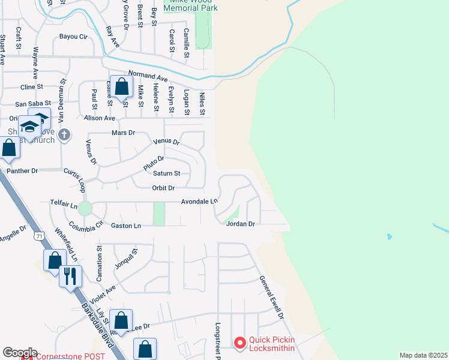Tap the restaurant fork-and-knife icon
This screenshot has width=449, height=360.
click(x=70, y=276)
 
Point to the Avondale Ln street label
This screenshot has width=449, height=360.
click(x=200, y=202)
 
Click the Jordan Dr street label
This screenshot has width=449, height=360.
click(x=241, y=224)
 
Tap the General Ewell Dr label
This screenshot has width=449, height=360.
click(x=271, y=297)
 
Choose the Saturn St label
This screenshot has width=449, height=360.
click(x=166, y=174)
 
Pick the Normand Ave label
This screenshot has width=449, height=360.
click(x=148, y=78)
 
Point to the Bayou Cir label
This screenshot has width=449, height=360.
click(x=73, y=37)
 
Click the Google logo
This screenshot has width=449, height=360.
click(x=19, y=353)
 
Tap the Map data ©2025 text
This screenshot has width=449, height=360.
click(x=423, y=355)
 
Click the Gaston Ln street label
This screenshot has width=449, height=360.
click(x=126, y=226)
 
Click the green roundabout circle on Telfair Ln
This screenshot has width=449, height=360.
click(x=85, y=208)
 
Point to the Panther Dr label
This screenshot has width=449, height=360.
click(x=22, y=171)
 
